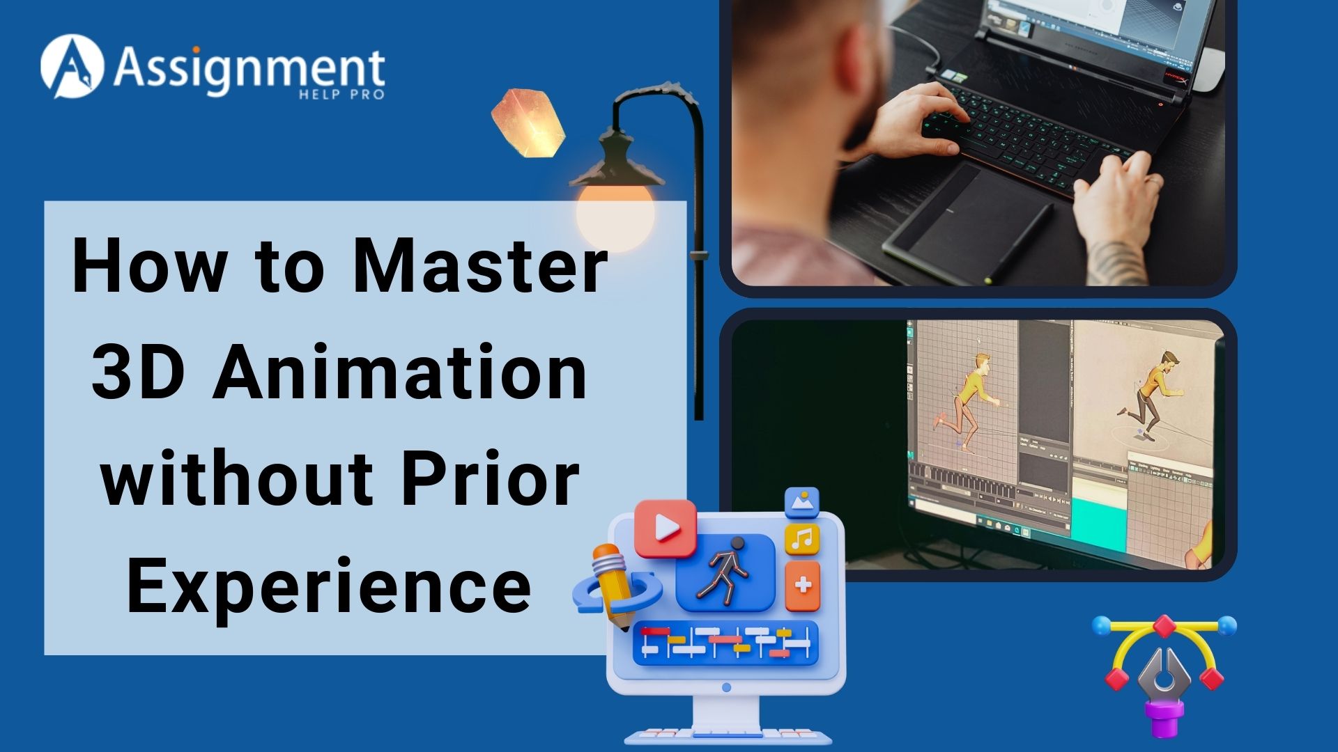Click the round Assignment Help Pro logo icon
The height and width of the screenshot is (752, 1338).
tap(72, 66)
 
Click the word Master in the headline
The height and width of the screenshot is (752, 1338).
tap(480, 266)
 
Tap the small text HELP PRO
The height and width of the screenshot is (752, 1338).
tap(341, 94)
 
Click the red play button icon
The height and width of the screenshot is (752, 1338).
tap(666, 528)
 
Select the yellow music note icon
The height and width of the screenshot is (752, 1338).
tap(802, 539)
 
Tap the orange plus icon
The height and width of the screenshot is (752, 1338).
tap(803, 585)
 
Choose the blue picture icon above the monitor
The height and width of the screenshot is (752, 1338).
tap(801, 502)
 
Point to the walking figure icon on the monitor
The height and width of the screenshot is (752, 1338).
tap(725, 571)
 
